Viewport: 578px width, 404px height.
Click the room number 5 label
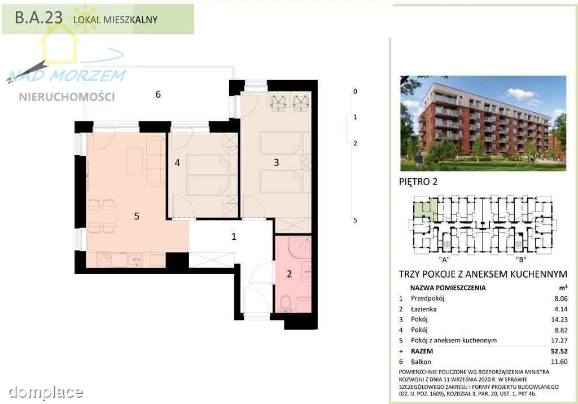(x=137, y=216)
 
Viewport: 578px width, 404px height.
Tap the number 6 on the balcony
(x=158, y=94)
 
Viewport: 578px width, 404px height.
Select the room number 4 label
(x=177, y=163)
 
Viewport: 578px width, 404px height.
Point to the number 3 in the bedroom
(x=277, y=162)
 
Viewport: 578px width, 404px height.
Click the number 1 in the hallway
(x=234, y=236)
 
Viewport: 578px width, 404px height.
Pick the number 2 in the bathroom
(x=289, y=274)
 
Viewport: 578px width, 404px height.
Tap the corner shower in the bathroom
(x=300, y=248)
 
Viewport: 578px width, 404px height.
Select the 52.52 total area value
(x=559, y=352)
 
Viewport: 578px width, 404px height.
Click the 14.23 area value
(x=559, y=319)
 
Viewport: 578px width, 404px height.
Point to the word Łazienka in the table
(x=423, y=309)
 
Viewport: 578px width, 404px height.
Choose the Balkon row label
(x=421, y=362)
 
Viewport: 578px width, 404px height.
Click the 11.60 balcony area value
(x=559, y=362)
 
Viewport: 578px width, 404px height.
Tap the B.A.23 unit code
(x=39, y=17)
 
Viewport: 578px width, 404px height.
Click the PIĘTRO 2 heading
(x=418, y=182)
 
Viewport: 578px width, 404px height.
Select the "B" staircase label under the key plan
(x=521, y=260)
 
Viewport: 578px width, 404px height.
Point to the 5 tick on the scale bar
(x=355, y=221)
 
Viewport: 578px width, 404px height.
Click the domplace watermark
(x=46, y=392)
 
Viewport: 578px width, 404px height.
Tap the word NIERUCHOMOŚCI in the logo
(x=67, y=97)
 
